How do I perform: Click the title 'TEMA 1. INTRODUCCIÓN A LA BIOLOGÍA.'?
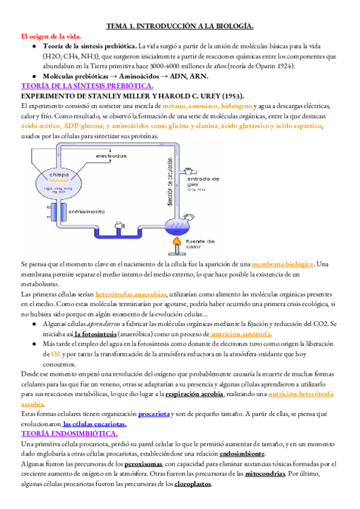pos(180,26)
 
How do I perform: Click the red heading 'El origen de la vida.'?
pos(51,36)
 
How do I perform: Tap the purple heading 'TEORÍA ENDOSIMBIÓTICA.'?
pos(69,433)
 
